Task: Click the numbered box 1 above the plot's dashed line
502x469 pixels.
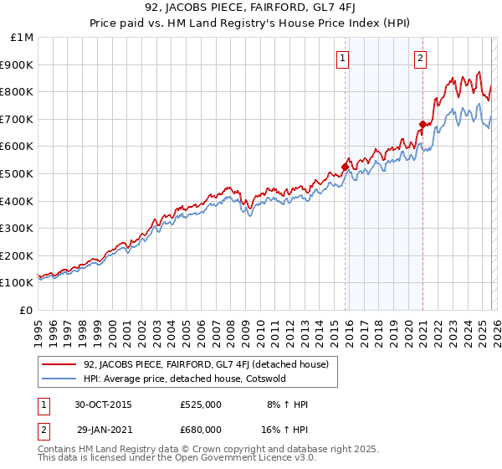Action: (x=344, y=58)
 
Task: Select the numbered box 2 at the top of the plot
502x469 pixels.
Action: (x=419, y=58)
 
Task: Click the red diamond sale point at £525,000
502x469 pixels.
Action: (x=345, y=167)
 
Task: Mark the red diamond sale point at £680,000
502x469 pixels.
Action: (x=423, y=125)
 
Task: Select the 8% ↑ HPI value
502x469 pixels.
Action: (x=288, y=405)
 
